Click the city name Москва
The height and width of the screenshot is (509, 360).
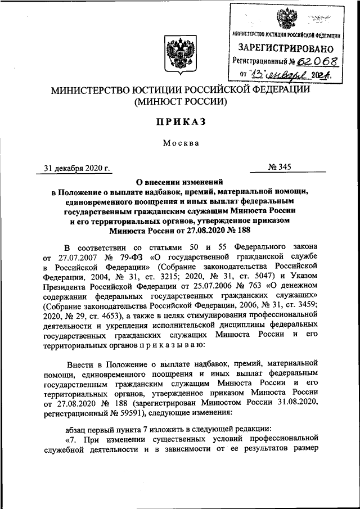pos(181,143)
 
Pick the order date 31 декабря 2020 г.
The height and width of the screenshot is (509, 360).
pos(78,167)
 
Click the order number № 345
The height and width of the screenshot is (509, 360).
pos(286,167)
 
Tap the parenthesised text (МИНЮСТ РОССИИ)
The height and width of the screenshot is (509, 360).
pos(180,102)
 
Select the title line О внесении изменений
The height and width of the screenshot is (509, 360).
pos(181,182)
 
